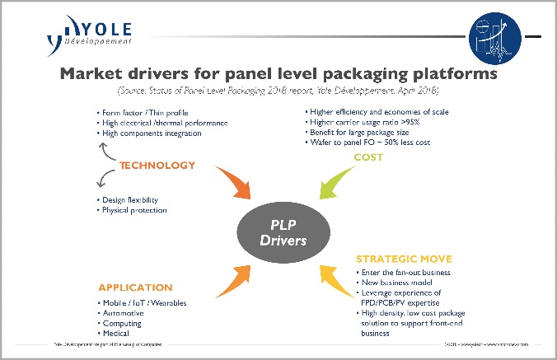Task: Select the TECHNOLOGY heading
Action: [x=157, y=165]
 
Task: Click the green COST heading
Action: [x=367, y=157]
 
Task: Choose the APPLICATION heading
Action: [x=135, y=288]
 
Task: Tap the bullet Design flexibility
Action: [x=132, y=199]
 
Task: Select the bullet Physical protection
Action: [x=135, y=210]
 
